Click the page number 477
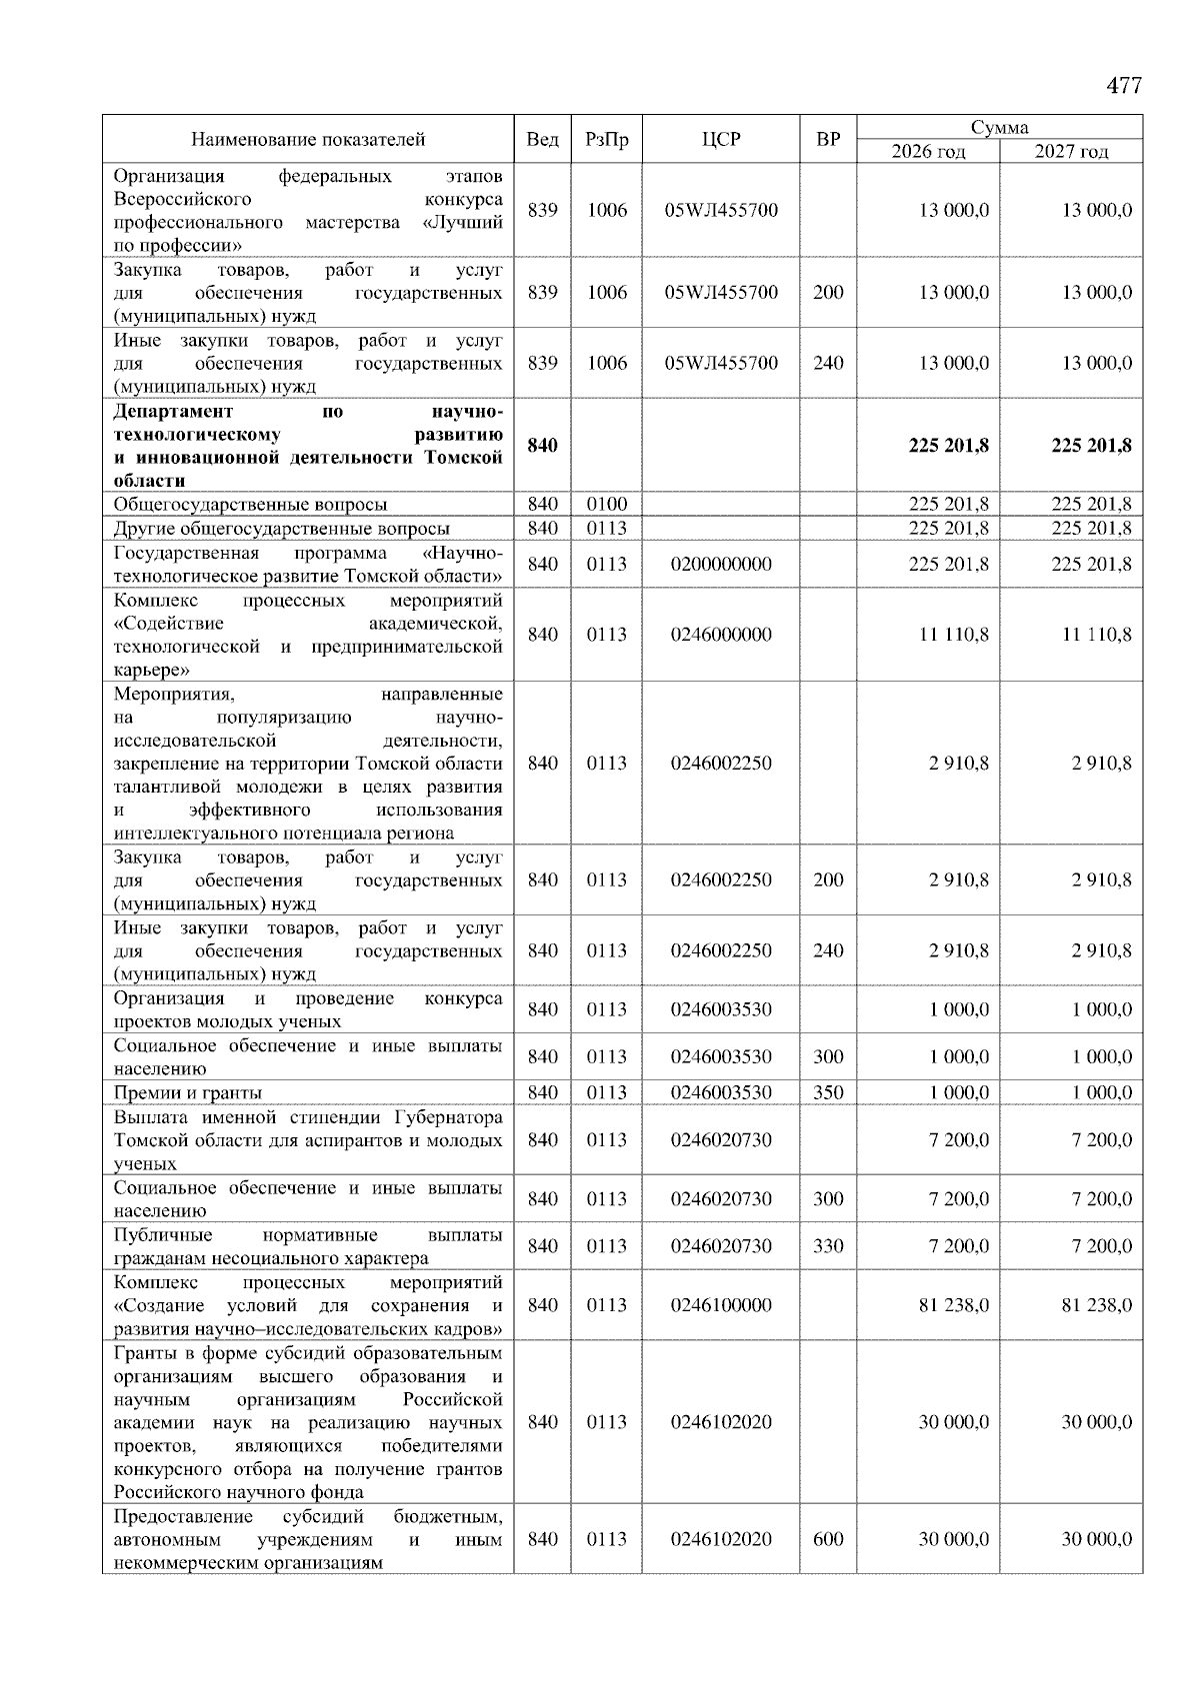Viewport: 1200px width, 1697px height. click(x=1123, y=86)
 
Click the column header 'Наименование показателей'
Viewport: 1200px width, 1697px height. click(x=308, y=140)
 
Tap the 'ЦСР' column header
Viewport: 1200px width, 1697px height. click(x=720, y=140)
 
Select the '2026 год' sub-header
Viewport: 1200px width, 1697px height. click(x=928, y=152)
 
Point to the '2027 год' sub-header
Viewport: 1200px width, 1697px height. click(x=1071, y=152)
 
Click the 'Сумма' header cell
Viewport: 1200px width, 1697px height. click(x=999, y=128)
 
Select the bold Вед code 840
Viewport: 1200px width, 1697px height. click(x=542, y=446)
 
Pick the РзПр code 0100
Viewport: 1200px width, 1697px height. click(x=606, y=505)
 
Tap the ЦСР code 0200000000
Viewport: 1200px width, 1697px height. click(x=720, y=565)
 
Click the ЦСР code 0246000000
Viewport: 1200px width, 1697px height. click(x=720, y=635)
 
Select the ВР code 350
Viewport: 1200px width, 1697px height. click(x=828, y=1092)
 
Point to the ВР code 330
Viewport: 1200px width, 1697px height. click(x=828, y=1246)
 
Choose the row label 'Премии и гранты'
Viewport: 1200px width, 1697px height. click(x=188, y=1092)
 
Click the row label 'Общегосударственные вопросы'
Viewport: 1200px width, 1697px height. click(x=250, y=505)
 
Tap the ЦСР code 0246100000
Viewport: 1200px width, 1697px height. click(x=720, y=1305)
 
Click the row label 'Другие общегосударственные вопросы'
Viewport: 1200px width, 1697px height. click(x=281, y=529)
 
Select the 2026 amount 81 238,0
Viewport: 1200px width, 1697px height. click(x=953, y=1305)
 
